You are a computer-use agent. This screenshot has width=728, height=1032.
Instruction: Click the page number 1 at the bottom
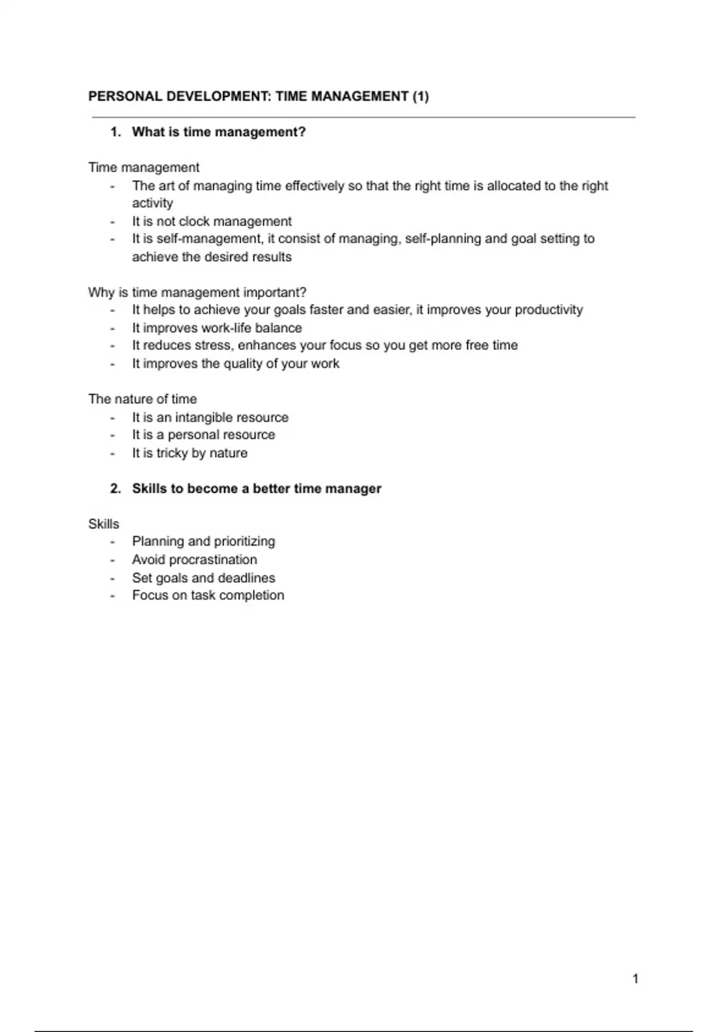click(x=635, y=979)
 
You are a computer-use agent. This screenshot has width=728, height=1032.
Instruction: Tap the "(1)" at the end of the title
click(x=420, y=97)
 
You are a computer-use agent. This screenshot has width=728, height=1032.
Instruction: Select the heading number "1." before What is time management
click(x=116, y=132)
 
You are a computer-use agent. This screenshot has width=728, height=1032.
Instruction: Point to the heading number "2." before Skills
click(x=116, y=489)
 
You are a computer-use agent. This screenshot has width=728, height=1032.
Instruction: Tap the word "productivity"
click(x=548, y=310)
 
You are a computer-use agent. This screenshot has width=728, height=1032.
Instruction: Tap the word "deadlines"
click(x=247, y=578)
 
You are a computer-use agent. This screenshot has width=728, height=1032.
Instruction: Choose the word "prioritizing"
click(x=244, y=541)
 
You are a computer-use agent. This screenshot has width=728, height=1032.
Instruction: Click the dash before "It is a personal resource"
click(x=112, y=435)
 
